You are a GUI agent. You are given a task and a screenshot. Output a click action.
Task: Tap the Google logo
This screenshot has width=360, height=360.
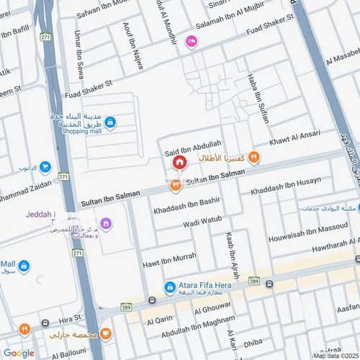click(x=19, y=353)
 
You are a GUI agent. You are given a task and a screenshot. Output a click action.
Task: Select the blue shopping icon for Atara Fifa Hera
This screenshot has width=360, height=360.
click(x=170, y=287)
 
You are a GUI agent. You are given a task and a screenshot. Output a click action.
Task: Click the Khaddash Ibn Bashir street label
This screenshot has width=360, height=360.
click(x=186, y=204)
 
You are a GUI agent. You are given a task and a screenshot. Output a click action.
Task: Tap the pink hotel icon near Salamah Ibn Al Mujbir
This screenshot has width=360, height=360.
click(x=190, y=42)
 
